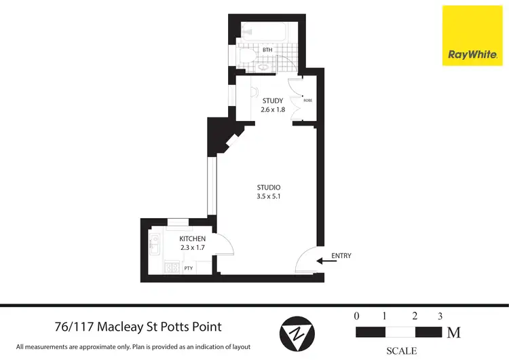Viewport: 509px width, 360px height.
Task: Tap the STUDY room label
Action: point(272,101)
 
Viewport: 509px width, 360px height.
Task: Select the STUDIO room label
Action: point(269,187)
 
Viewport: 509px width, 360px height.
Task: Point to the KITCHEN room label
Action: point(192,239)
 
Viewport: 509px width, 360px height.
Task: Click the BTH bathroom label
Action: point(267,50)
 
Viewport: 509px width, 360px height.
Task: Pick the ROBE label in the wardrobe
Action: point(307,101)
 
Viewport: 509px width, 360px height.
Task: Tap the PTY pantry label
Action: point(188,268)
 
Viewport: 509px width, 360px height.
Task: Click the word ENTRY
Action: point(341,256)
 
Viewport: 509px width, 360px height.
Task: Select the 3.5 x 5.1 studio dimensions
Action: point(269,198)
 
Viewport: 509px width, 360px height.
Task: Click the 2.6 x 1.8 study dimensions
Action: point(272,110)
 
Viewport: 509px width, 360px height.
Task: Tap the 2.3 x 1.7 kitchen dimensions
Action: point(192,248)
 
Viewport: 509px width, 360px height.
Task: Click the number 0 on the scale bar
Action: point(356,316)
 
